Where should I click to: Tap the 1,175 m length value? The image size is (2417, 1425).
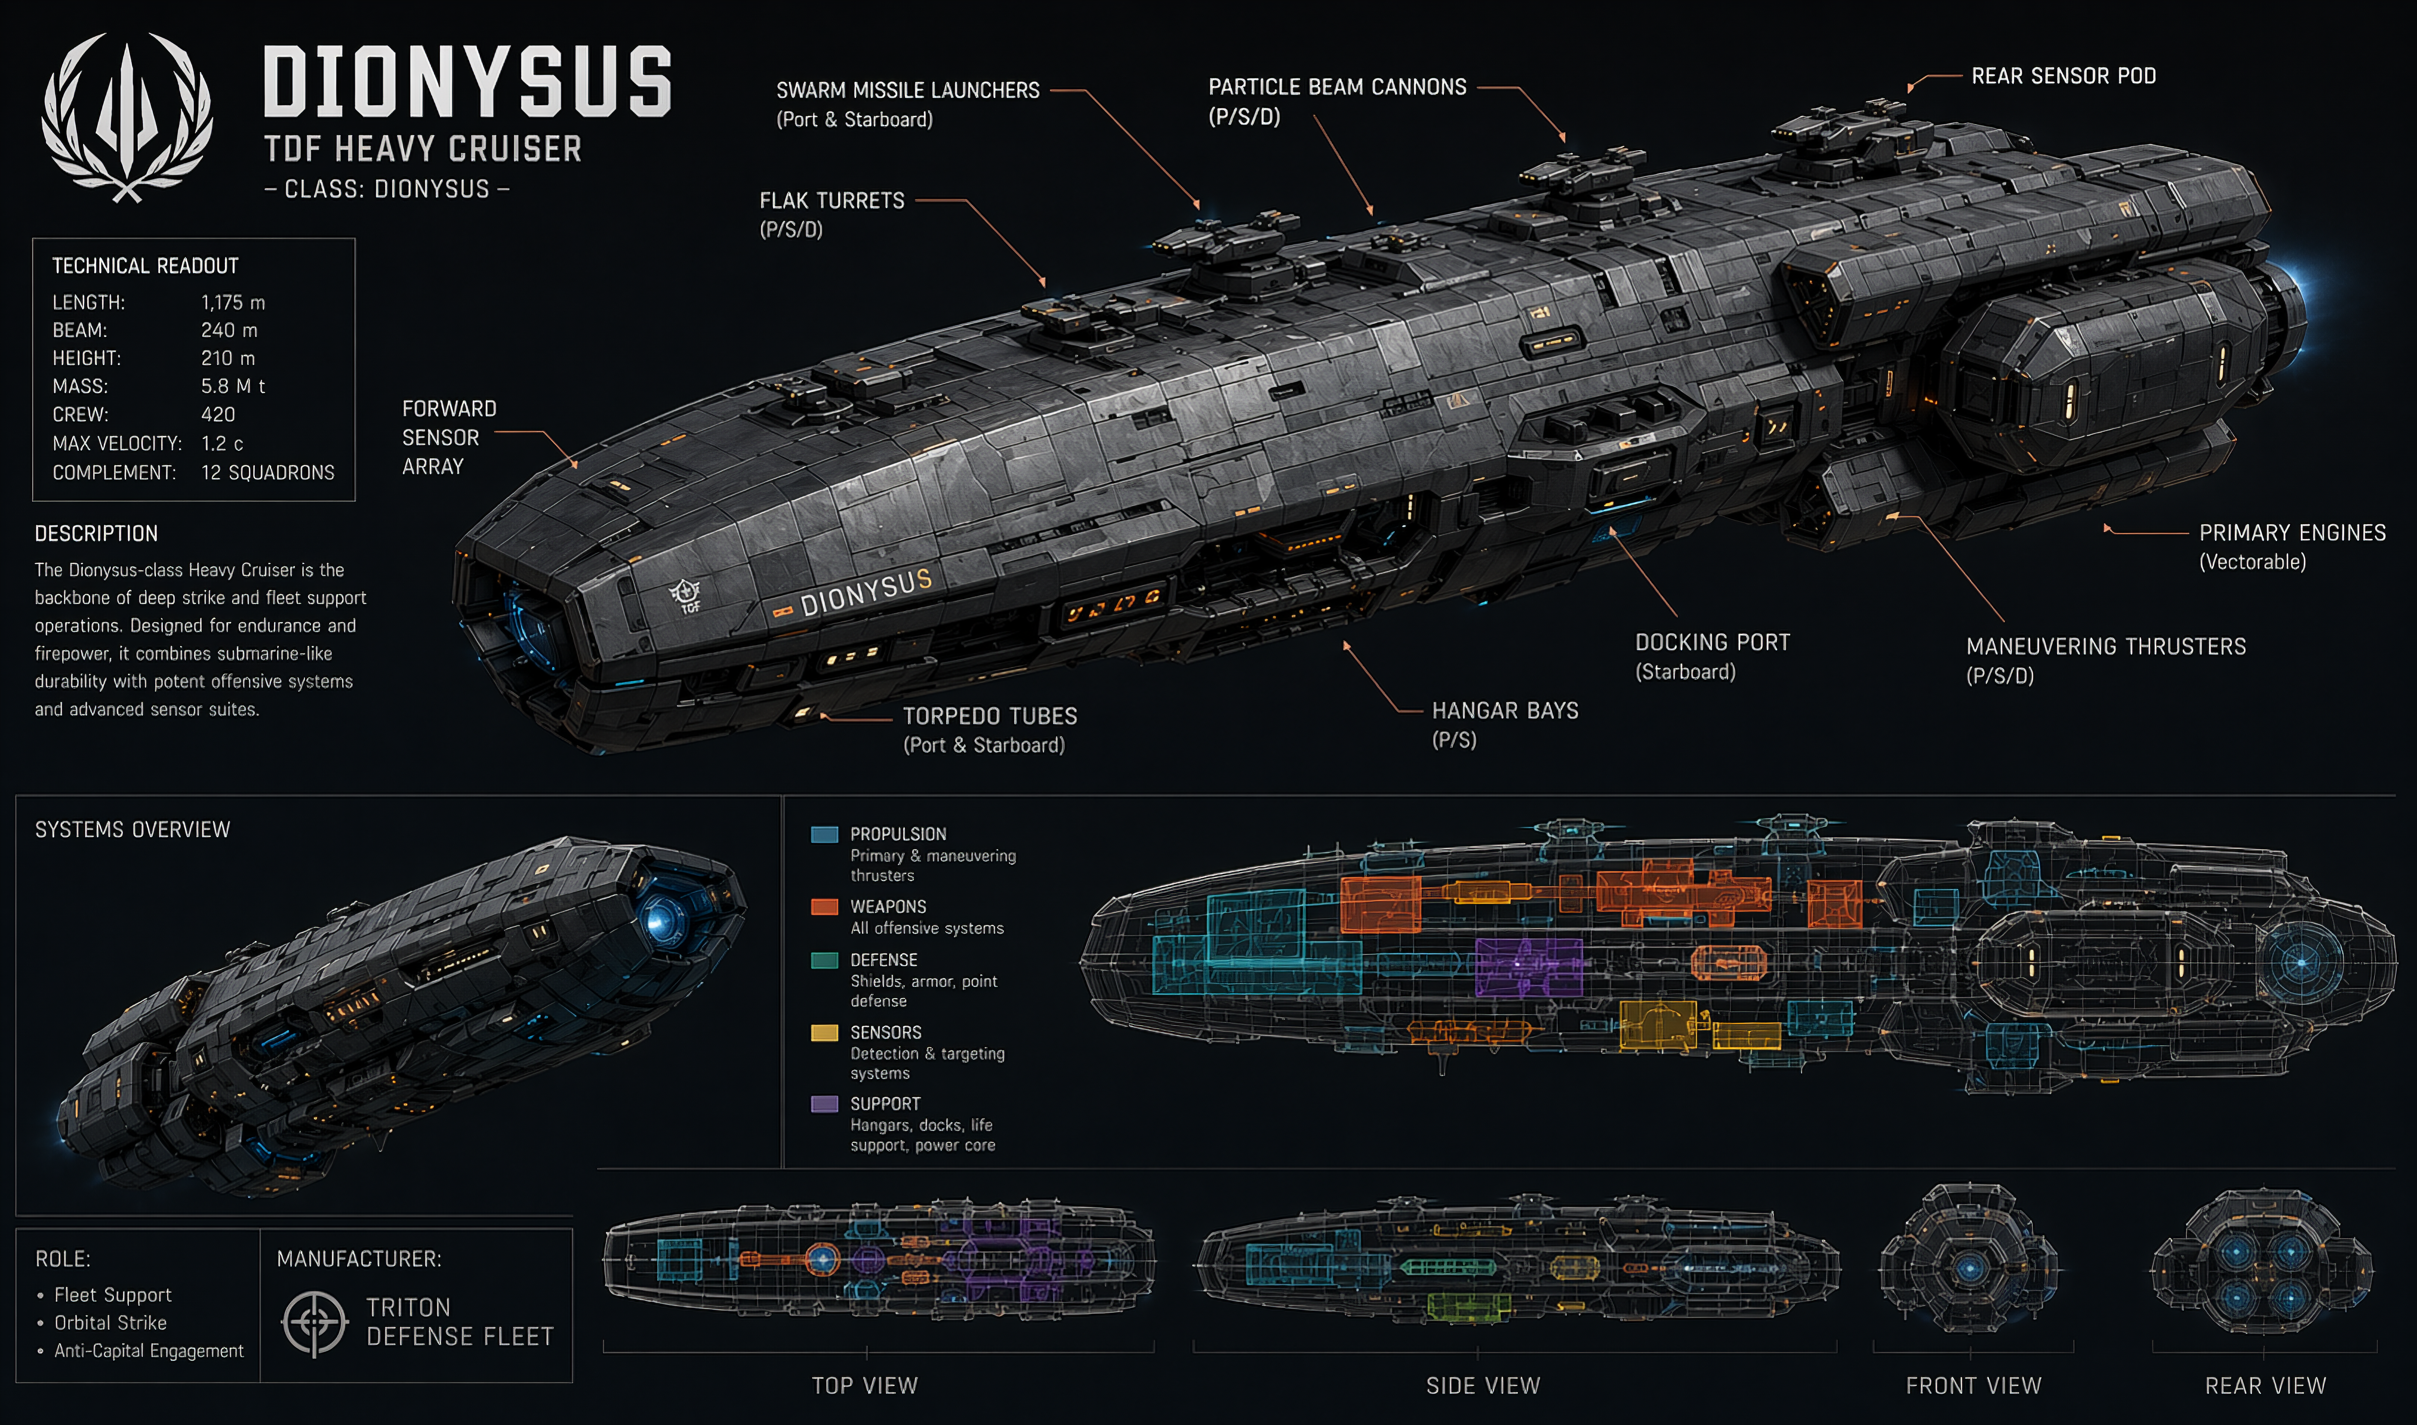[x=232, y=303]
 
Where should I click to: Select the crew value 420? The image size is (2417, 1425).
[x=218, y=415]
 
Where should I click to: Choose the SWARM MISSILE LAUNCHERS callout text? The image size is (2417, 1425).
[x=907, y=90]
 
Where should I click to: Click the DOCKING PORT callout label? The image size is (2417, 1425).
[x=1712, y=643]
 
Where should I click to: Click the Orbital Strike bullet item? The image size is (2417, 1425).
[x=110, y=1323]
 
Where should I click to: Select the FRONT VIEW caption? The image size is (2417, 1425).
[x=1973, y=1386]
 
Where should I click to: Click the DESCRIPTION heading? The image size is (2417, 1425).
[x=96, y=534]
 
